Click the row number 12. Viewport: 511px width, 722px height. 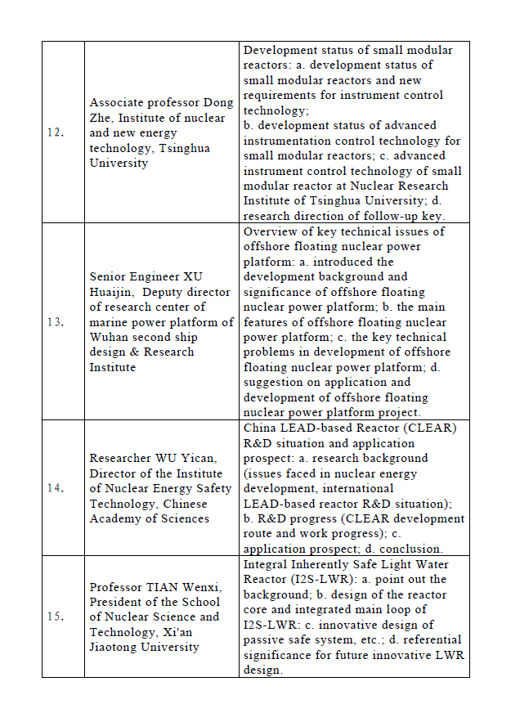tap(56, 132)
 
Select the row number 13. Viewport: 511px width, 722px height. tap(56, 322)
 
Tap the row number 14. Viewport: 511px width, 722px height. tap(56, 488)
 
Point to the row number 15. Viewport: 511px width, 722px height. tap(56, 617)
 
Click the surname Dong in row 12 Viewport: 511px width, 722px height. tap(218, 103)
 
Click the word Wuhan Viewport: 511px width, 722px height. tap(110, 337)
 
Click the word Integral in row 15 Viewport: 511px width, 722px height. tap(267, 564)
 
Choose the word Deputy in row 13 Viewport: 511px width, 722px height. tap(184, 292)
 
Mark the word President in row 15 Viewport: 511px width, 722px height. tap(117, 602)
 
